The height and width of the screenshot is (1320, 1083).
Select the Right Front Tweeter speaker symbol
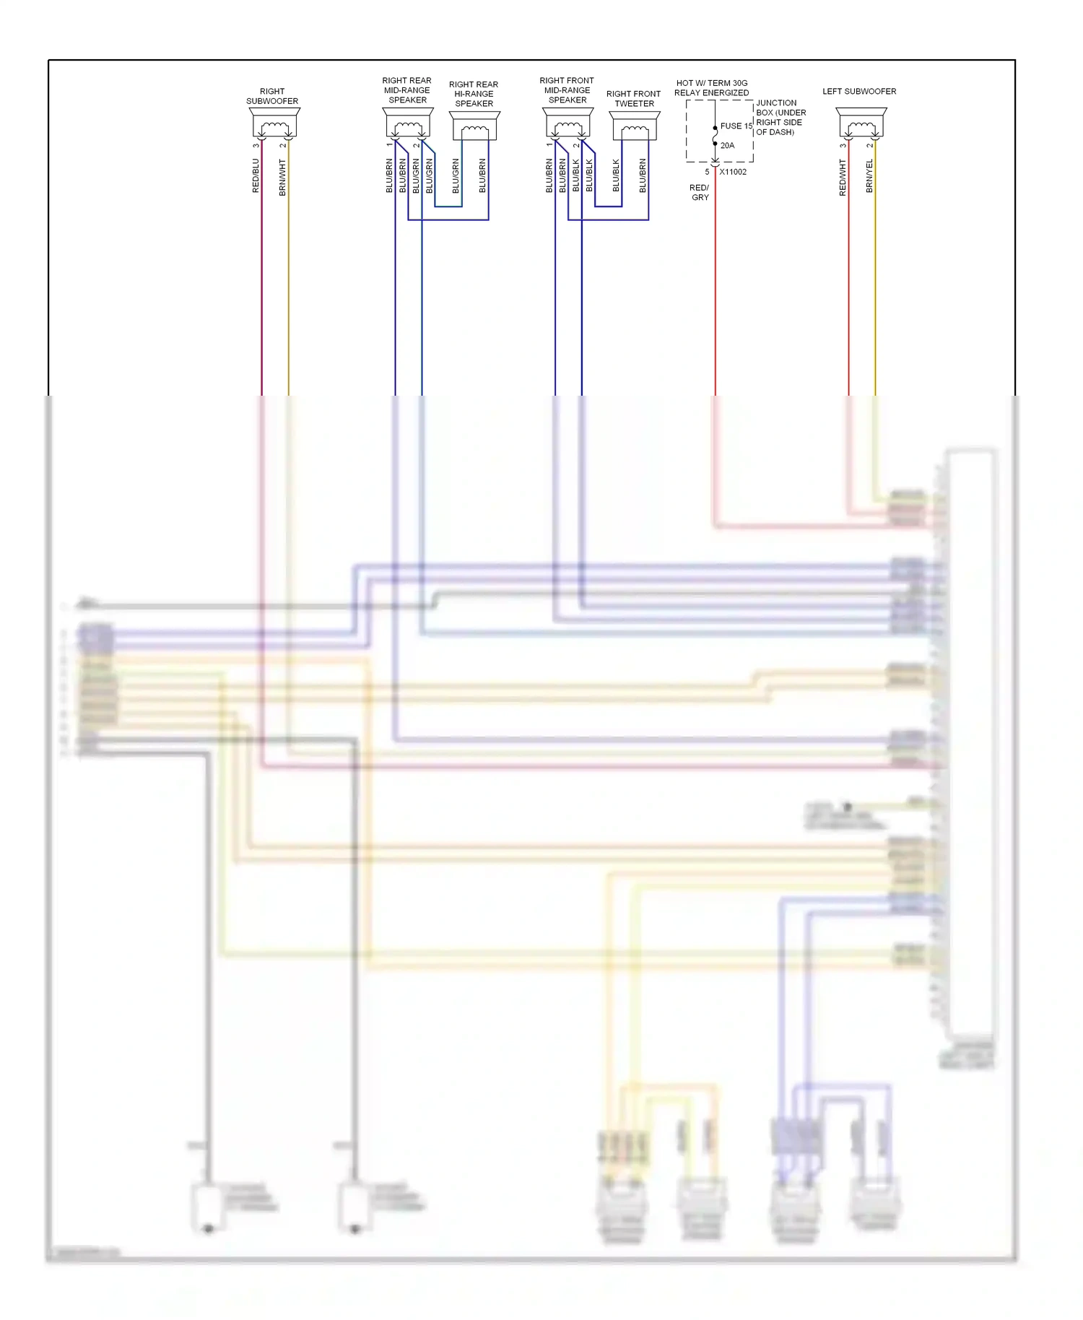(635, 126)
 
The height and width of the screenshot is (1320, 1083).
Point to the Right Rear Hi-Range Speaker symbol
(474, 126)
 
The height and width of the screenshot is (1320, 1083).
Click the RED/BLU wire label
(256, 176)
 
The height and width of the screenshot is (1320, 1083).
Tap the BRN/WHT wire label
(282, 178)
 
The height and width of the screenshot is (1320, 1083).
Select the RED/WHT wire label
(843, 178)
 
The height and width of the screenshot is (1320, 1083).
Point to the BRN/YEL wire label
(869, 176)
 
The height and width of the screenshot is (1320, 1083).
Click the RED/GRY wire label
(700, 192)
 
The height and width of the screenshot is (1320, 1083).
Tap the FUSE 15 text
(736, 126)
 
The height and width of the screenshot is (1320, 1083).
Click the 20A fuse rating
(727, 145)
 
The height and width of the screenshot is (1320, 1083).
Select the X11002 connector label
(733, 172)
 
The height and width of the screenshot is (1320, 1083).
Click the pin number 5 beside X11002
(707, 172)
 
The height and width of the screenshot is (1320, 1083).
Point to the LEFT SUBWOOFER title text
(859, 92)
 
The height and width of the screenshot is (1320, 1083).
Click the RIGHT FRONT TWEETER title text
(633, 99)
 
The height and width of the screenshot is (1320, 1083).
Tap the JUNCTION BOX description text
(780, 118)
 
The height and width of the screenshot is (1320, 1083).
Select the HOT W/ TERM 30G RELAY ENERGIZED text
(711, 88)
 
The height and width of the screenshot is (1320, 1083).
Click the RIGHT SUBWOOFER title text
(272, 96)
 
